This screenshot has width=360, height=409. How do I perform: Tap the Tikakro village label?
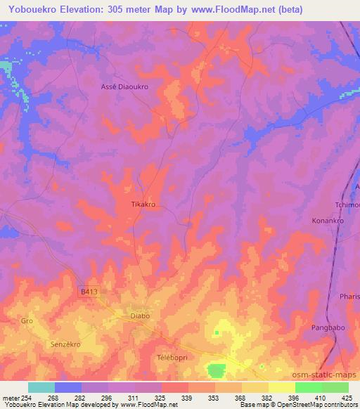point(143,204)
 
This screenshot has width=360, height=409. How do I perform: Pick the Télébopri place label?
point(169,358)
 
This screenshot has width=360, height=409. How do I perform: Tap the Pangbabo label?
point(327,328)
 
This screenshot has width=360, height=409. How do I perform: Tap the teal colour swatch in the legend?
point(41,387)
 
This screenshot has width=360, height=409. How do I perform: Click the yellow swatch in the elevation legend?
point(281,387)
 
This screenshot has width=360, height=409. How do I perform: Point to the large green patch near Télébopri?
point(217,370)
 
